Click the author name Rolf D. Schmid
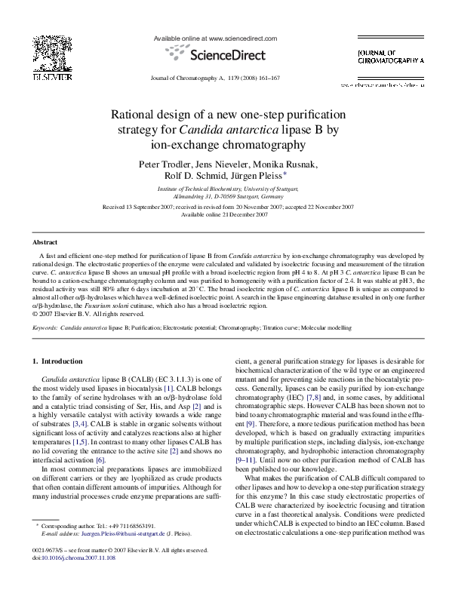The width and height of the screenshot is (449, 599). point(196,177)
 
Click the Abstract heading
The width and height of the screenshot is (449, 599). point(45,242)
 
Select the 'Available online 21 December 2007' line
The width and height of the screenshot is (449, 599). point(224,213)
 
